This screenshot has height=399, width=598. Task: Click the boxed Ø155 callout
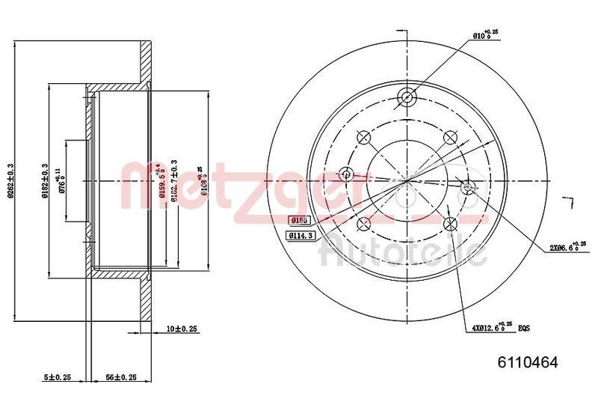(x=300, y=220)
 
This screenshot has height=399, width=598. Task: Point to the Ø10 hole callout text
(x=485, y=34)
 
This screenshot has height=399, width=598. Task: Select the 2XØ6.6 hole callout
(x=565, y=246)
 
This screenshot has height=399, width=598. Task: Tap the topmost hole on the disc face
(x=407, y=96)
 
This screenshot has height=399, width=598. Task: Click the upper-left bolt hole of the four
(x=364, y=138)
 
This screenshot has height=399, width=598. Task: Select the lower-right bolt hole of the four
(x=450, y=224)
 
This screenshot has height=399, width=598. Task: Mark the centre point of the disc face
(x=407, y=181)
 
